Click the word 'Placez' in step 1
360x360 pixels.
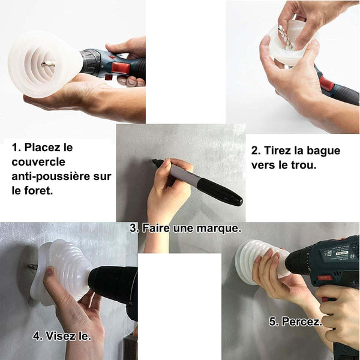49,148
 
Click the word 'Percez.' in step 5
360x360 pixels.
301,322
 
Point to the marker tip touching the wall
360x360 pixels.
153,161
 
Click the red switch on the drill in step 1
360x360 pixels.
121,68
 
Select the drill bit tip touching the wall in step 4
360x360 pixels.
29,266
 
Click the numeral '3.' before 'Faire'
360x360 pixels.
134,228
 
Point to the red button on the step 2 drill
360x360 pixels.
326,83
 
